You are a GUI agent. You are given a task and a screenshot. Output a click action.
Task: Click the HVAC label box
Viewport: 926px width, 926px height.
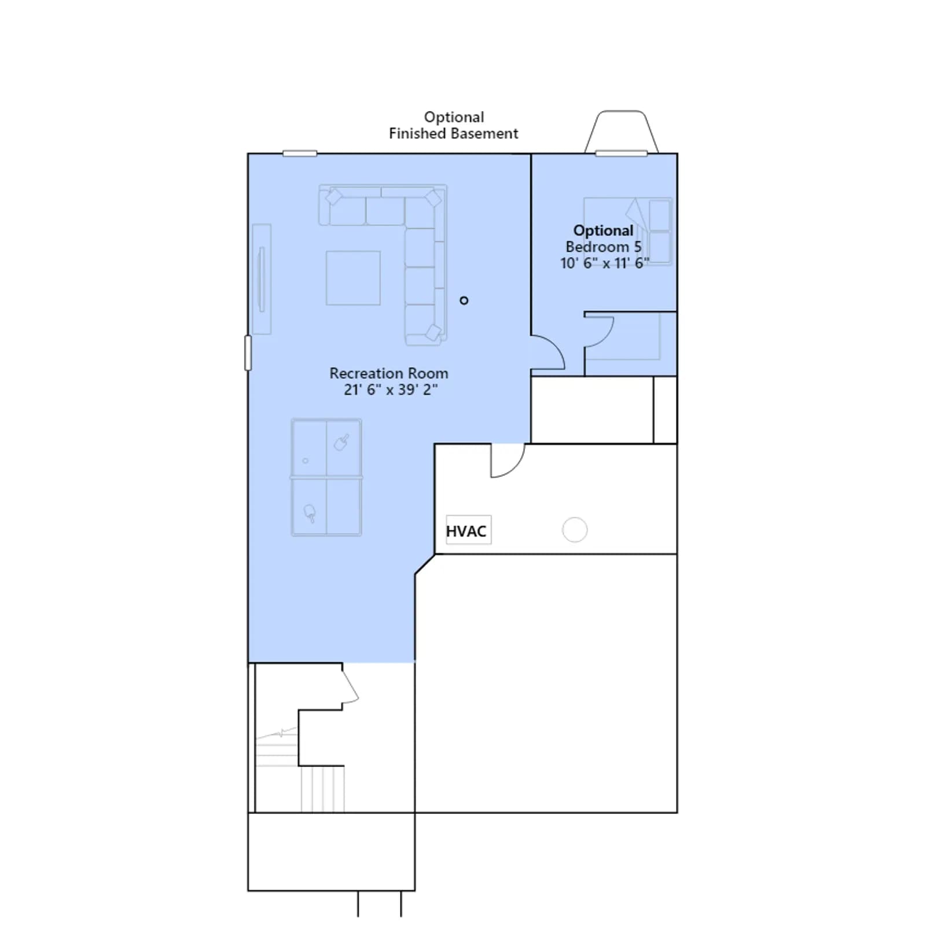click(x=468, y=530)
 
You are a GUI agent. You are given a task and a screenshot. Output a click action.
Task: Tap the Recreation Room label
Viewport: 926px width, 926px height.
click(x=389, y=373)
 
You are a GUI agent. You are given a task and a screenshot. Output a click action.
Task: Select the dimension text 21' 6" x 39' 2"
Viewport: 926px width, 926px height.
click(x=391, y=389)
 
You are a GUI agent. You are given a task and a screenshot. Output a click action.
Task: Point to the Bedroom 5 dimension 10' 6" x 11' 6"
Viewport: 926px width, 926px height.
click(x=604, y=263)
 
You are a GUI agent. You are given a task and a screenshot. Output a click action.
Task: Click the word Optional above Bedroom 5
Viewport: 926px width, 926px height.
click(x=603, y=231)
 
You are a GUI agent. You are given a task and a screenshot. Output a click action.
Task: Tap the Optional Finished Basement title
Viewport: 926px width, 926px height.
click(x=454, y=126)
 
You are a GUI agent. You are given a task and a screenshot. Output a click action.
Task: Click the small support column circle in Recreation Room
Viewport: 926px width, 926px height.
click(x=464, y=300)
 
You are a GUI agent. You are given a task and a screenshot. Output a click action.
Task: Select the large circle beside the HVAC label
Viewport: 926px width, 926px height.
click(x=575, y=530)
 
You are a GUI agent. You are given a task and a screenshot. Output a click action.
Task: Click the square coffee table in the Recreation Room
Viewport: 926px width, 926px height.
click(x=353, y=278)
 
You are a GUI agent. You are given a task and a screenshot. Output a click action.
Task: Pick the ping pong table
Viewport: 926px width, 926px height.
click(x=326, y=477)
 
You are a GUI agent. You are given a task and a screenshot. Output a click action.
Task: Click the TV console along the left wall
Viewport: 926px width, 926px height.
click(x=262, y=279)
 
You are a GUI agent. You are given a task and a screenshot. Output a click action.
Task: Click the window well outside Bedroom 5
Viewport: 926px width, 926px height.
click(x=621, y=132)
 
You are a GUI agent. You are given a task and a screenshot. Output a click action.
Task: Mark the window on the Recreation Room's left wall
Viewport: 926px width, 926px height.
click(x=248, y=352)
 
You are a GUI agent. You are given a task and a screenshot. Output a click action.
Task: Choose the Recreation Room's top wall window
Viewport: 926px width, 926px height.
click(x=300, y=153)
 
